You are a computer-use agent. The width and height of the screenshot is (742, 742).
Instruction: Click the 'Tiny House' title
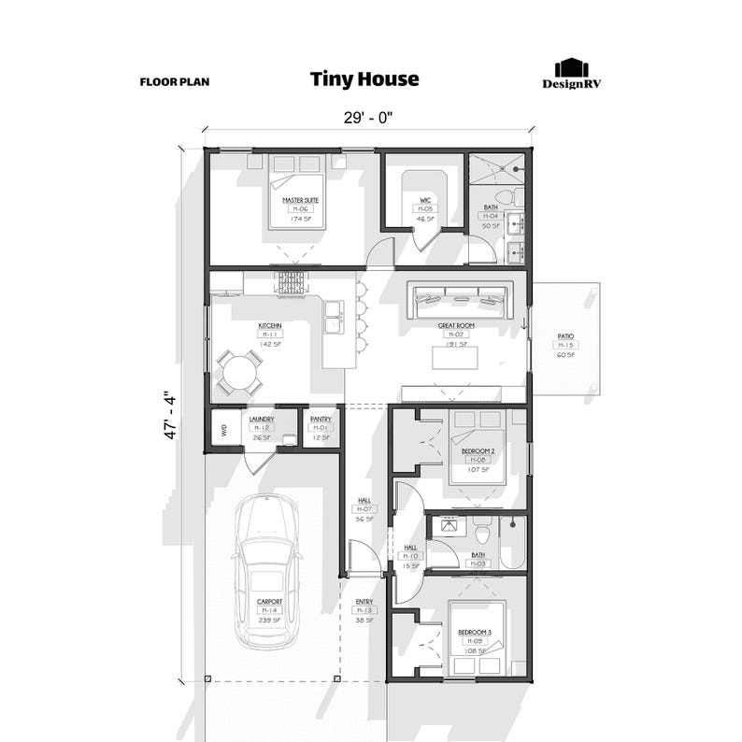(364, 79)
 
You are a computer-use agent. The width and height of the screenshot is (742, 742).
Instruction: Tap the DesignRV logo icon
(570, 68)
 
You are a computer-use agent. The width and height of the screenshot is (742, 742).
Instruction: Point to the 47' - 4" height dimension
(170, 415)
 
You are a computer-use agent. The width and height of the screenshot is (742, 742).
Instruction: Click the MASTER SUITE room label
(299, 200)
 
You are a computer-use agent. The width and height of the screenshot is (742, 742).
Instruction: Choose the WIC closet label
(425, 200)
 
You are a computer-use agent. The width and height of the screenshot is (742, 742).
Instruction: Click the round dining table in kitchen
(239, 374)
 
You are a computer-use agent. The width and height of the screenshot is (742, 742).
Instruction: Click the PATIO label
(565, 335)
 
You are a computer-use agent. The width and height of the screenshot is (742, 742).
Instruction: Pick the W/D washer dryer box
(224, 431)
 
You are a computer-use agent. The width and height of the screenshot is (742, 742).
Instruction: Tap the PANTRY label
(321, 420)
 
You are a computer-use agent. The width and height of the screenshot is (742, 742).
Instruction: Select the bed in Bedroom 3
(476, 638)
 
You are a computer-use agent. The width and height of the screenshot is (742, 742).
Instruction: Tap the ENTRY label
(364, 602)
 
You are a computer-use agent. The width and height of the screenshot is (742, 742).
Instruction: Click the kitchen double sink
(333, 323)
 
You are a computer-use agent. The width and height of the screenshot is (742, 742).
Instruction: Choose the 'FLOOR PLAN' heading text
(175, 81)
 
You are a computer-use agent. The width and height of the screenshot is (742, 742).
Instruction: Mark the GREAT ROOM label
(456, 326)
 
